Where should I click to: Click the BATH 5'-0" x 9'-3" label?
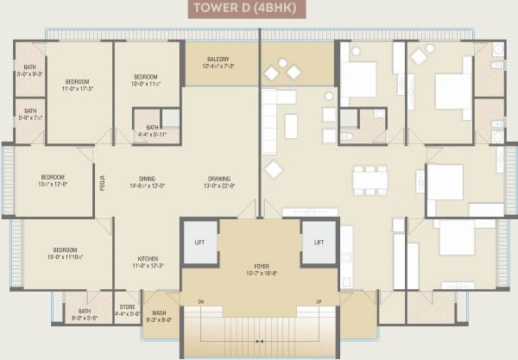tap(29, 71)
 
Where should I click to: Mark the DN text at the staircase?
tap(199, 301)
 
